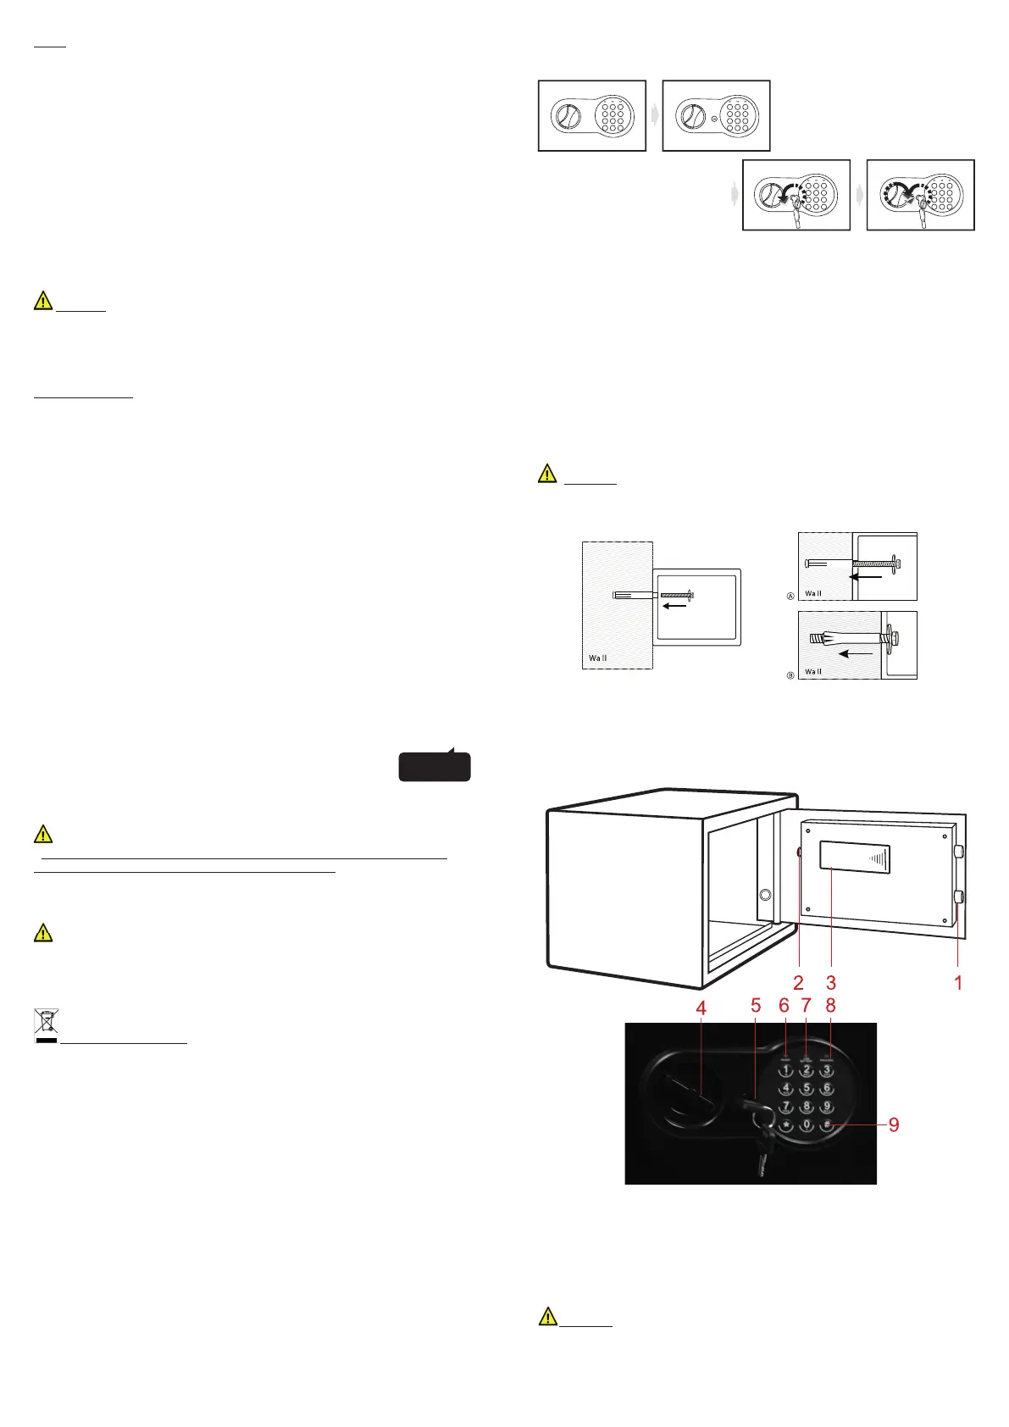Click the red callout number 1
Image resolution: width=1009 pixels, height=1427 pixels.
pyautogui.click(x=958, y=983)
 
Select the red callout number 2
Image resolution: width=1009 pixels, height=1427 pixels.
pyautogui.click(x=798, y=983)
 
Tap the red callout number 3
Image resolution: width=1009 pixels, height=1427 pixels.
pyautogui.click(x=831, y=983)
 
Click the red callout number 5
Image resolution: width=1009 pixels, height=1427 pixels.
pyautogui.click(x=756, y=1007)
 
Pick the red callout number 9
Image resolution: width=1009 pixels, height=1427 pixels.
pyautogui.click(x=894, y=1125)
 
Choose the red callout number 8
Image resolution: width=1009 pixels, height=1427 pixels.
pyautogui.click(x=830, y=1006)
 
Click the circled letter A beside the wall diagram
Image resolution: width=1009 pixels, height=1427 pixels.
pyautogui.click(x=790, y=597)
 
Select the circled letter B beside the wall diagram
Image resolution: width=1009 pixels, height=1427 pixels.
pyautogui.click(x=790, y=675)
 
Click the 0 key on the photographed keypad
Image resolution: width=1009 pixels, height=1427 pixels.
pyautogui.click(x=807, y=1125)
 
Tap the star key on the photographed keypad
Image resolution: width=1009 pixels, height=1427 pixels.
pyautogui.click(x=786, y=1125)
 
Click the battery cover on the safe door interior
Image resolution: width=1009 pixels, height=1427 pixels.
pyautogui.click(x=854, y=858)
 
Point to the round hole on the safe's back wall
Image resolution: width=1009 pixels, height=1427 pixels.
pyautogui.click(x=765, y=894)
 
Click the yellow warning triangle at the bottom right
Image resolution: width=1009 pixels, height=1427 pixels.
pyautogui.click(x=548, y=1316)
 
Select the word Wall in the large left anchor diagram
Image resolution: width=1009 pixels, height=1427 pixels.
pyautogui.click(x=598, y=658)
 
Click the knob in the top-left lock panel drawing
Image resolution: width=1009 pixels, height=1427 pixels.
pyautogui.click(x=567, y=116)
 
